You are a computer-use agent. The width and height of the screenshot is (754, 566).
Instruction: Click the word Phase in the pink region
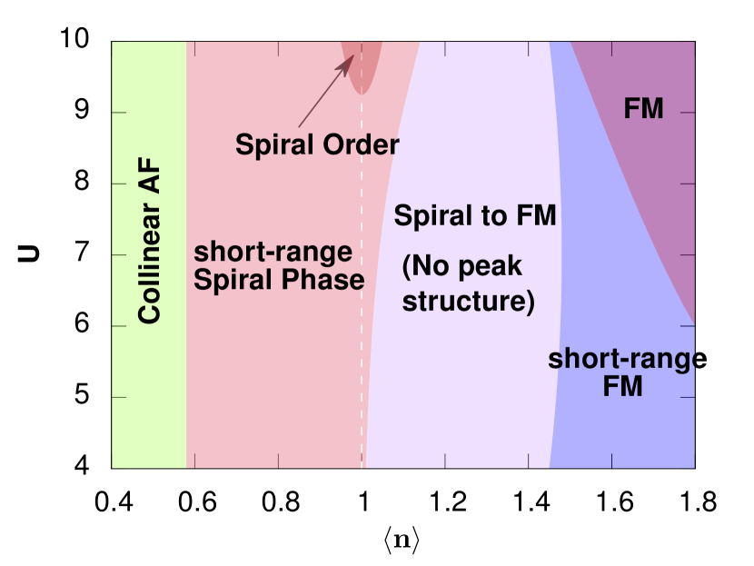(x=324, y=280)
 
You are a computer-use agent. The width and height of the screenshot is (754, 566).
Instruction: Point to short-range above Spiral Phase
(x=273, y=252)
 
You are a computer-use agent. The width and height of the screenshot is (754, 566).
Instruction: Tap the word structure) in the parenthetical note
(x=468, y=301)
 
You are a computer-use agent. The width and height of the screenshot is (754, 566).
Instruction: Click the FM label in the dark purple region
(x=643, y=109)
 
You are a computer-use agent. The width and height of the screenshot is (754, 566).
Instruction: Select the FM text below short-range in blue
(x=623, y=387)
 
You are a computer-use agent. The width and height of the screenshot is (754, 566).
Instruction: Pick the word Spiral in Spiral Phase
(x=235, y=280)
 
